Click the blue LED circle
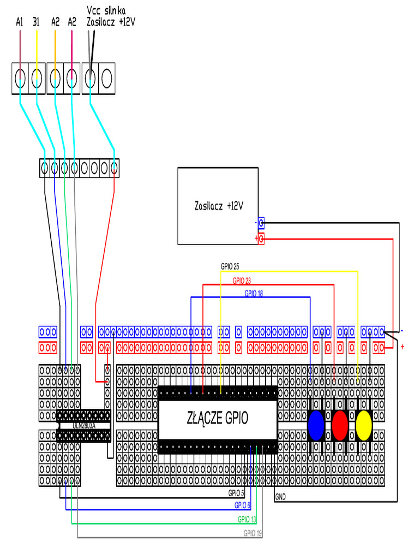(316, 426)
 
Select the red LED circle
(340, 426)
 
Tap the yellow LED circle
(363, 426)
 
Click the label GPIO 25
(230, 267)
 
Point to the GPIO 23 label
(242, 281)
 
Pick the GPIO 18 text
(254, 294)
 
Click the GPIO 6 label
(242, 506)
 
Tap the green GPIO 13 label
(247, 519)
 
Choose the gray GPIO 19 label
(253, 533)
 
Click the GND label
(280, 497)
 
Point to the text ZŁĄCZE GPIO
(217, 419)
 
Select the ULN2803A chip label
(84, 425)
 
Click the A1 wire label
(20, 22)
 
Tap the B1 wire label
(36, 22)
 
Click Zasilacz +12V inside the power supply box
(218, 206)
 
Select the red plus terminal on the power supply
(261, 239)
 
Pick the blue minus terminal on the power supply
(261, 223)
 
